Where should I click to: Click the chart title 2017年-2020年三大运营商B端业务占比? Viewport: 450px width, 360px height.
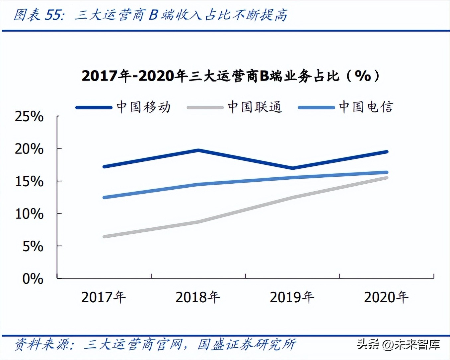[x=230, y=76]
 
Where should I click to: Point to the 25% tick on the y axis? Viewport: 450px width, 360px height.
[x=29, y=116]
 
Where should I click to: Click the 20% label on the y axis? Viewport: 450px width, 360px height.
[x=29, y=149]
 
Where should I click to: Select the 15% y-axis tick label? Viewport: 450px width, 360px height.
[x=29, y=181]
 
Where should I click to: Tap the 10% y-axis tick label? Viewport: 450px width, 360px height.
[x=29, y=214]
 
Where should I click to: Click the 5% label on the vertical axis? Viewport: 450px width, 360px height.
[x=33, y=246]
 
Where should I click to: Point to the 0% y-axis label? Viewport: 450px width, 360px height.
[x=33, y=279]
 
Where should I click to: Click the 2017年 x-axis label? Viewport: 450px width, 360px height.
[x=104, y=297]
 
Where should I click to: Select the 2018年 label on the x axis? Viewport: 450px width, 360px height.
[x=198, y=297]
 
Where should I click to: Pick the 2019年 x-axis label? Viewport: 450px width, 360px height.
[x=292, y=297]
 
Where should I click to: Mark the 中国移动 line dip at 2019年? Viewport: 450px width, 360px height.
[x=292, y=168]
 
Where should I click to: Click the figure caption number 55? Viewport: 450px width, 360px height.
[x=53, y=15]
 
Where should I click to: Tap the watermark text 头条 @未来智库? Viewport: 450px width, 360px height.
[x=398, y=344]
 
